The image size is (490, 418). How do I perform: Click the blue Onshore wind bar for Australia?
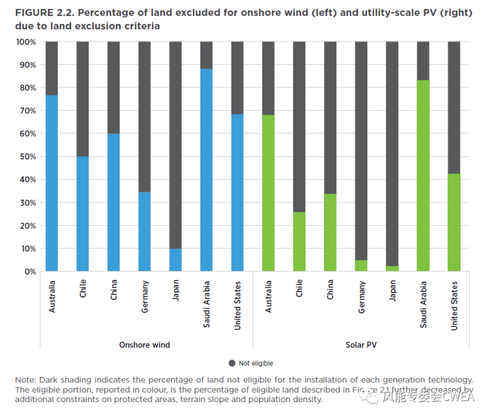51,184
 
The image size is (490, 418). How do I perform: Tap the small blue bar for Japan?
175,260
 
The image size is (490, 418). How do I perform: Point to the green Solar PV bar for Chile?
299,242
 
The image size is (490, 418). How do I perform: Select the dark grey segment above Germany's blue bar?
145,116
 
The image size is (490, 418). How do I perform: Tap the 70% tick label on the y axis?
27,111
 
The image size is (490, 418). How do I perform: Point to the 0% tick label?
29,272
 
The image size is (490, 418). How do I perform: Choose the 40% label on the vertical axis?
27,180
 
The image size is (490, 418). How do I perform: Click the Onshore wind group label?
145,345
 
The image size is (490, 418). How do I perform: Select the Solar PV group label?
361,345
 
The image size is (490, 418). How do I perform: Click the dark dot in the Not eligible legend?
232,364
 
